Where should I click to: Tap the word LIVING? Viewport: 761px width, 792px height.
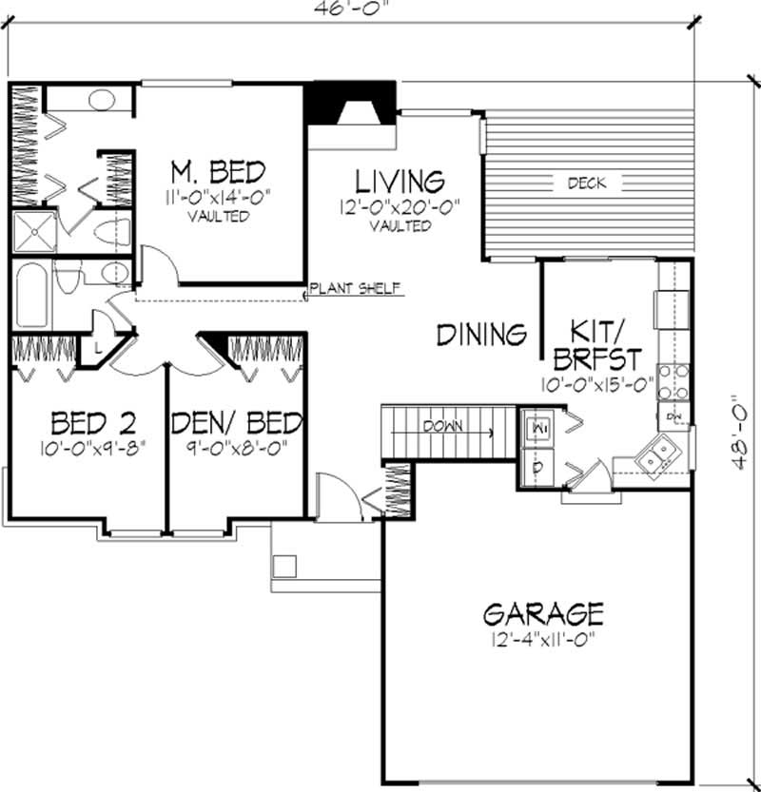click(400, 181)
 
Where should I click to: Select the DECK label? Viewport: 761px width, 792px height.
click(586, 183)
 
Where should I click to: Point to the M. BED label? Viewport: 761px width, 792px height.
click(218, 172)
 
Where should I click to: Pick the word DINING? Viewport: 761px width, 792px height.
click(482, 334)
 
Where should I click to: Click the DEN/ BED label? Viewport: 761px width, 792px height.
click(237, 421)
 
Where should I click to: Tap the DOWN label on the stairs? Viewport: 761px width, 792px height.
click(446, 426)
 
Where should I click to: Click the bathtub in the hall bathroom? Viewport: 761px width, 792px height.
click(31, 296)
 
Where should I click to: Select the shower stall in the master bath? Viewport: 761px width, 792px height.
click(32, 231)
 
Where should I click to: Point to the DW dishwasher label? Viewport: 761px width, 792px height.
click(673, 416)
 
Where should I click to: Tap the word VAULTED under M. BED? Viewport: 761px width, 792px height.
click(218, 216)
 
